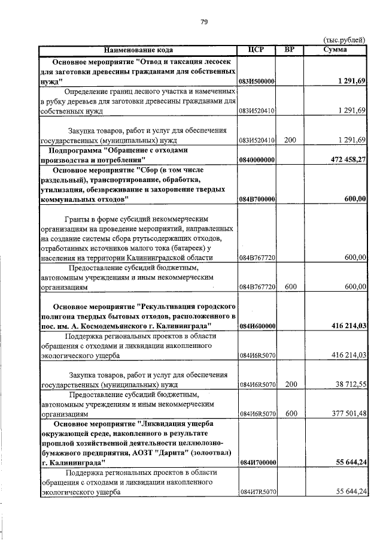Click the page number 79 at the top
click(203, 22)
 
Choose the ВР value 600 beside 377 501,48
click(290, 413)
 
